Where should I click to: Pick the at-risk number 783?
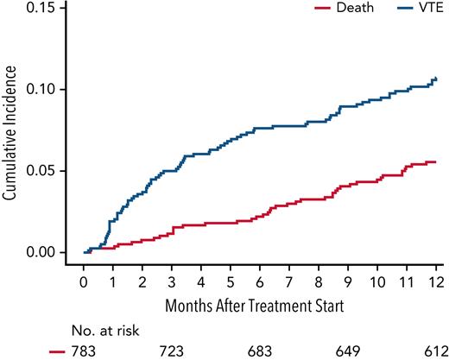click(x=84, y=351)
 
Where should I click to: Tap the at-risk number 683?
click(x=260, y=351)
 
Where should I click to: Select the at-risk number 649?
click(x=348, y=351)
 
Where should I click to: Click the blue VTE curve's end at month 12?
click(x=436, y=79)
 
